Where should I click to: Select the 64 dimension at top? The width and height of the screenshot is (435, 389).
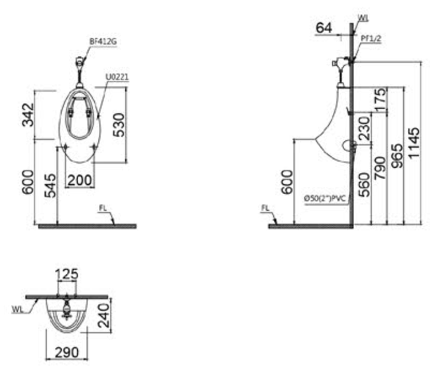coord(324,28)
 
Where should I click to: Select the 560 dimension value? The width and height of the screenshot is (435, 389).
coord(364,182)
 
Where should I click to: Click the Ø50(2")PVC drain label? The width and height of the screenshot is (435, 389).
coord(326,197)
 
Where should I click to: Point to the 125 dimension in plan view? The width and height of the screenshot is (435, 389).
coord(67,273)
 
